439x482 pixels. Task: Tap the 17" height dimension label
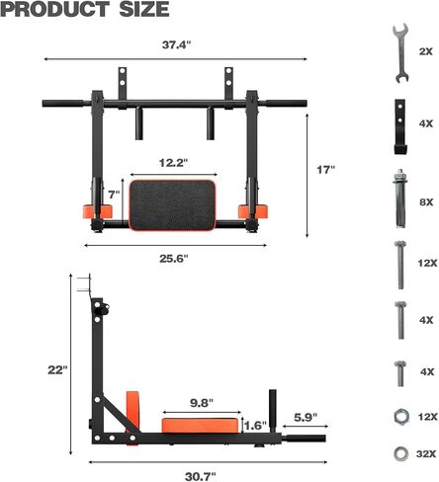(326, 170)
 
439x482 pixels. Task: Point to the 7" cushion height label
(112, 195)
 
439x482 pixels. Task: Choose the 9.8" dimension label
(203, 402)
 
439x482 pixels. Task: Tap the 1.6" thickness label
(255, 427)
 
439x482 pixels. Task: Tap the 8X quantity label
(425, 201)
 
